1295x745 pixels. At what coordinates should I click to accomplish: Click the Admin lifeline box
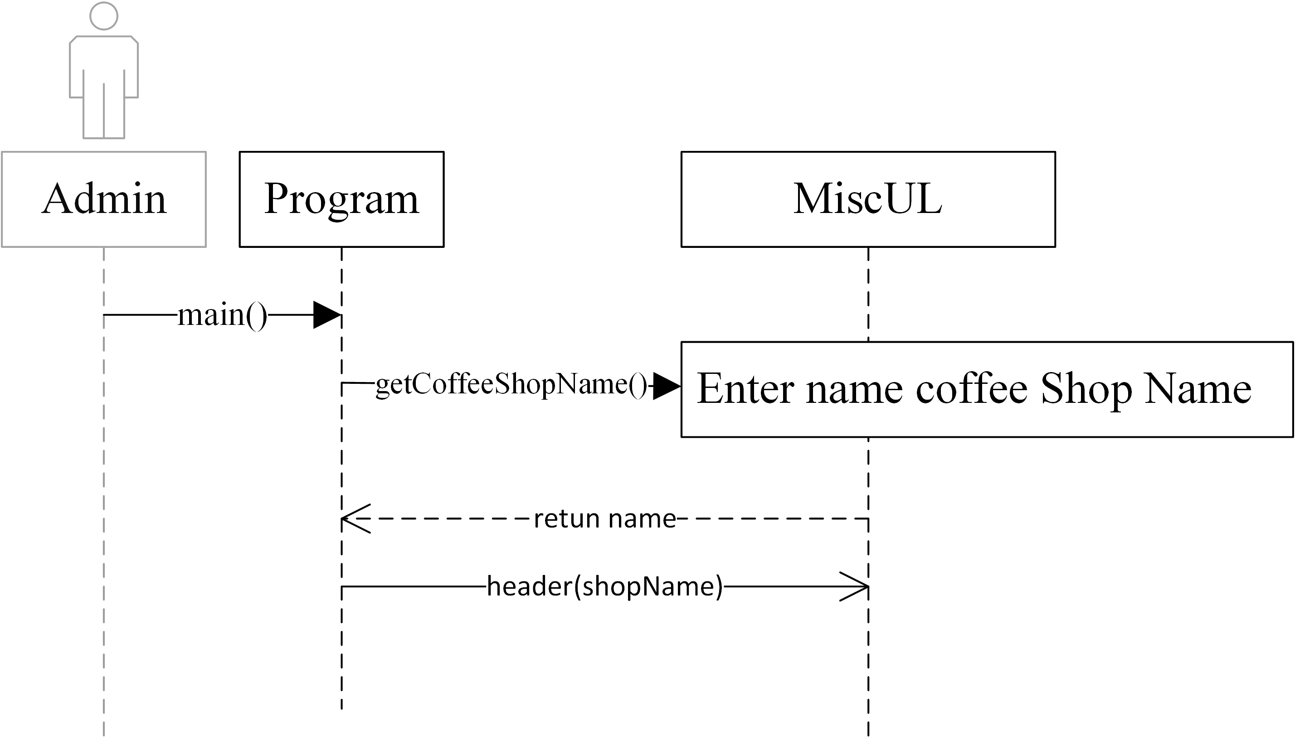(103, 199)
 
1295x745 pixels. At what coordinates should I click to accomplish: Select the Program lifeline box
(341, 199)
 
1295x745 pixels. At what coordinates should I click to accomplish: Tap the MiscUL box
(868, 199)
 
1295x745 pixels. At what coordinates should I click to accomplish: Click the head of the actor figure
(103, 16)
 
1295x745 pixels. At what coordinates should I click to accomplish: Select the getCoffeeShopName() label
(511, 384)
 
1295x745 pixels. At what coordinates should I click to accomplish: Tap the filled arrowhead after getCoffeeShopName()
(666, 386)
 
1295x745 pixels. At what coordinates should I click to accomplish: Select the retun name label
(604, 519)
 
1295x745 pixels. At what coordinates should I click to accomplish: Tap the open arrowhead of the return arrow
(354, 519)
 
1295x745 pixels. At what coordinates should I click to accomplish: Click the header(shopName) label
(604, 586)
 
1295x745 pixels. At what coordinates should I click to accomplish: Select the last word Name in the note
(1198, 389)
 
